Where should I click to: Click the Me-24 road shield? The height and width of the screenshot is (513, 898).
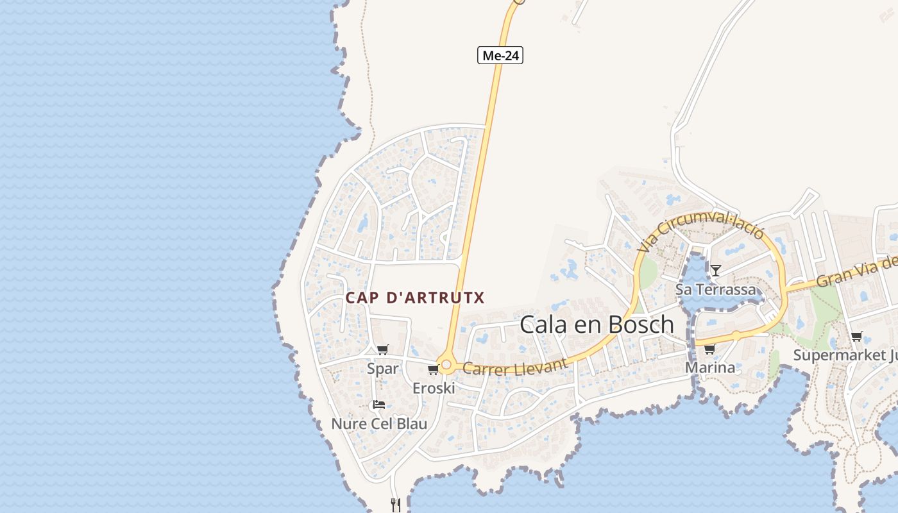click(x=500, y=56)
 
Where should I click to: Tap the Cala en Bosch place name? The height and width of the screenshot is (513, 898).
click(x=597, y=324)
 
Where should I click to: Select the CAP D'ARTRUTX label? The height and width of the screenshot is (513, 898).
click(x=415, y=298)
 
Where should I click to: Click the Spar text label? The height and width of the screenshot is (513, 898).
click(x=383, y=369)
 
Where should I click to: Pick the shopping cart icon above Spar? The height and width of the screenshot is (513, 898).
click(x=383, y=349)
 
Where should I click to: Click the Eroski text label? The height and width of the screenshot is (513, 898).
click(x=434, y=388)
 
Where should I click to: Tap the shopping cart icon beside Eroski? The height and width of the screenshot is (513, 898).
click(x=433, y=369)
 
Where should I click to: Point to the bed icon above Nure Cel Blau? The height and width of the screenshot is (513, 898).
click(x=379, y=405)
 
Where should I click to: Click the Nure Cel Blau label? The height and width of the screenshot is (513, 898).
click(x=379, y=424)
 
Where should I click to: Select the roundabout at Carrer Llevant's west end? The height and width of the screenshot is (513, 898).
click(x=446, y=365)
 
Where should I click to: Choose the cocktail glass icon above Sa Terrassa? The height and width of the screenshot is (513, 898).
click(x=716, y=271)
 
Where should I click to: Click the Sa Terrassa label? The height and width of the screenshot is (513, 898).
click(x=716, y=289)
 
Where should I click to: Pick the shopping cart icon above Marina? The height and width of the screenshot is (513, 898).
click(x=709, y=349)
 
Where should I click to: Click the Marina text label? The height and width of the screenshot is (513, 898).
click(x=710, y=368)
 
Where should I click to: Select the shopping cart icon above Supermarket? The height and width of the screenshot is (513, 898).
click(x=856, y=337)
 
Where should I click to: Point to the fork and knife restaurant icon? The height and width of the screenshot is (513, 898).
click(x=396, y=505)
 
